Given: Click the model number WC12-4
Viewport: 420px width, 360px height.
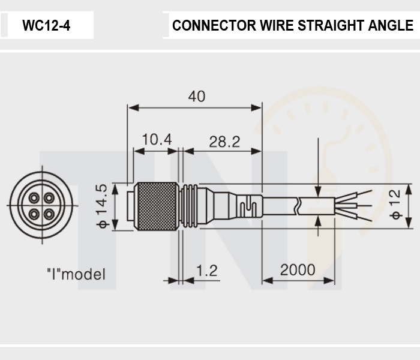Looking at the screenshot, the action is [x=46, y=25].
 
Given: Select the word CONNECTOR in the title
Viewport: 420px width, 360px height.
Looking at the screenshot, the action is [x=214, y=25].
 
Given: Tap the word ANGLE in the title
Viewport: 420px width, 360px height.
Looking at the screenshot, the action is [x=391, y=25].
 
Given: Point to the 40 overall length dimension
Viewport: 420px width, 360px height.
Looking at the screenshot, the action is [x=197, y=96].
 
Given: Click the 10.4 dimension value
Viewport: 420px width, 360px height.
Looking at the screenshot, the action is [x=157, y=139].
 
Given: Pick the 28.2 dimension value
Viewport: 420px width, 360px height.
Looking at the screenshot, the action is [x=224, y=142].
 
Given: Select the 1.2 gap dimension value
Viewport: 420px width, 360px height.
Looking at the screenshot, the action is [x=207, y=271].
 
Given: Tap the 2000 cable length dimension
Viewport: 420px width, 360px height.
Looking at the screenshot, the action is [x=298, y=270].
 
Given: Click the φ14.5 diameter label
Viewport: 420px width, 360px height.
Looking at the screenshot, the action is [x=102, y=206].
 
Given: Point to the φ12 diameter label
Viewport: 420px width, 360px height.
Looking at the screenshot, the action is [x=395, y=204].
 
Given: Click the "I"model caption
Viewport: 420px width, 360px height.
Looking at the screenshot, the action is [x=76, y=274].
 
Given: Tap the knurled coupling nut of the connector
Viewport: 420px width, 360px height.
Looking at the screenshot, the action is [x=156, y=206].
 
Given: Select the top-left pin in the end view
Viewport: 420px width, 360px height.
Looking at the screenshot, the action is [x=34, y=198].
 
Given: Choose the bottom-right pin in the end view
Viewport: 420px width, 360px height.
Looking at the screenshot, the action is [x=49, y=214].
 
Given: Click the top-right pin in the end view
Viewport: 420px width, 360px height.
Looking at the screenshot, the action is [x=49, y=198].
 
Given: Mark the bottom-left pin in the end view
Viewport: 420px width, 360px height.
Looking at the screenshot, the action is [x=34, y=214].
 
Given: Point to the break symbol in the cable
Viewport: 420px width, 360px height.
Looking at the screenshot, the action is [x=298, y=206].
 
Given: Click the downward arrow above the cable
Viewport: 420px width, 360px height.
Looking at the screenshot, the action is [x=318, y=167].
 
